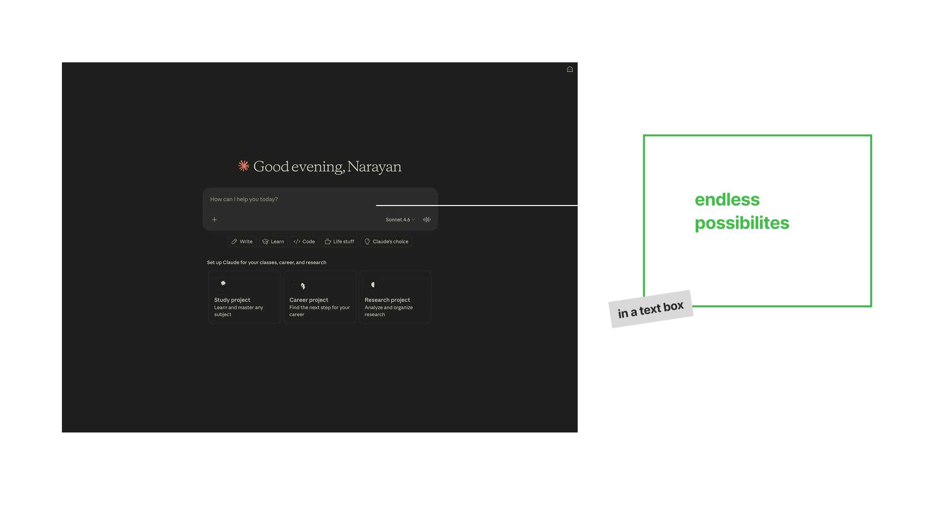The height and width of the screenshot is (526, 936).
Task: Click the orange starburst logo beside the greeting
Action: click(x=244, y=166)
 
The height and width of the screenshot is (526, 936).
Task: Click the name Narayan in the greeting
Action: click(x=374, y=167)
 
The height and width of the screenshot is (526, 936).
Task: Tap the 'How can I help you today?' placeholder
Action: click(x=244, y=199)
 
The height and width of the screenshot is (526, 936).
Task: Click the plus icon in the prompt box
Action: click(x=214, y=220)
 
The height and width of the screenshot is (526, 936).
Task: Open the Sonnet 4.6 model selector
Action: click(x=400, y=220)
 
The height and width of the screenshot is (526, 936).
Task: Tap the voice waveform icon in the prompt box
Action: click(x=427, y=220)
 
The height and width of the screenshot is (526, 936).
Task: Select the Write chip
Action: click(x=242, y=242)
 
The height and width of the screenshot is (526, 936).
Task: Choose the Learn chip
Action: click(x=273, y=242)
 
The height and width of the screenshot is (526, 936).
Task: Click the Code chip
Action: click(x=304, y=242)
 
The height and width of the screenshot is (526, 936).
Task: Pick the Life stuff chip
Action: click(x=339, y=242)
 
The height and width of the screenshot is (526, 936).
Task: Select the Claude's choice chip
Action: click(x=386, y=242)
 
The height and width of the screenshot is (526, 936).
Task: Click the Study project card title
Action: click(x=232, y=300)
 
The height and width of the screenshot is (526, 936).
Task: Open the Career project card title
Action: click(x=309, y=300)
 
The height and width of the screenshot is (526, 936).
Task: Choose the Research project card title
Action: click(x=387, y=300)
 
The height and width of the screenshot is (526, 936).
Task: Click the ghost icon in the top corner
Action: click(x=570, y=70)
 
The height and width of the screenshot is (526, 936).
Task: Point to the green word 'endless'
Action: click(x=727, y=200)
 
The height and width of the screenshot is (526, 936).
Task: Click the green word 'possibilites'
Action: click(x=741, y=223)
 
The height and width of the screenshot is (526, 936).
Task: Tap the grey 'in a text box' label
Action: click(x=651, y=309)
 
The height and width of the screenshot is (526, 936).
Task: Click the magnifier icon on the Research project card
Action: click(x=373, y=285)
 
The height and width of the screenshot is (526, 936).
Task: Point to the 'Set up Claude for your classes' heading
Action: click(x=267, y=263)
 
